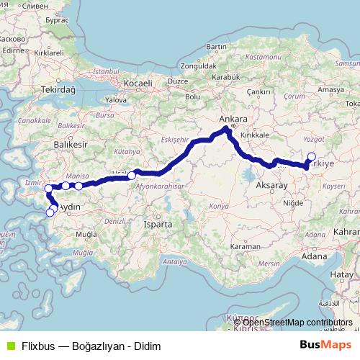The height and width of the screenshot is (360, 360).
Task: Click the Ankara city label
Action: [233, 119]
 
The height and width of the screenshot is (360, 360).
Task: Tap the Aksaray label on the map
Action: [271, 186]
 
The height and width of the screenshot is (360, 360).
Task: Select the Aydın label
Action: [68, 207]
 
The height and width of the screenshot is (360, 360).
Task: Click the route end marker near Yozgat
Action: [311, 157]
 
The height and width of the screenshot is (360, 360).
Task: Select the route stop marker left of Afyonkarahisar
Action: [132, 175]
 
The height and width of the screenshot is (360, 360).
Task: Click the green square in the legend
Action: [9, 346]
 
